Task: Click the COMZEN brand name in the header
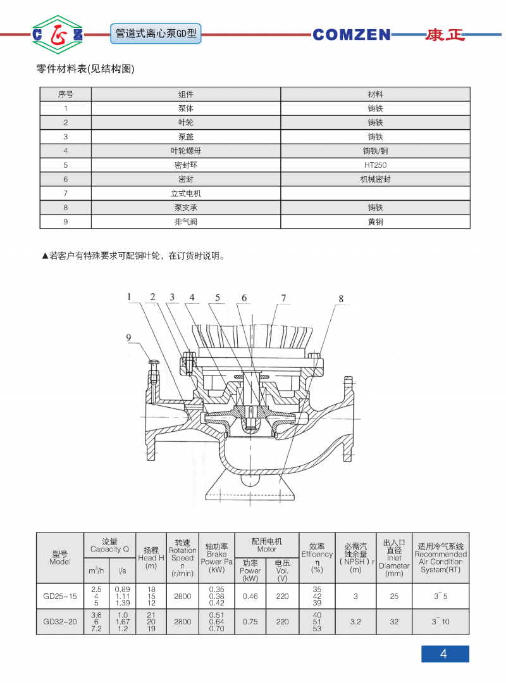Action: coord(352,35)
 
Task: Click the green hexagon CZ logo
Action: coord(58,34)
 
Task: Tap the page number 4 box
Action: coord(445,654)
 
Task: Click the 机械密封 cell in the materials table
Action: coord(375,179)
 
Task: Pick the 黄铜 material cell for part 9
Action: coord(375,222)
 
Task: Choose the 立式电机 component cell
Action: coord(185,193)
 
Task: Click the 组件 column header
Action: coord(185,94)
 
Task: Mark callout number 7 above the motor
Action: coord(284,298)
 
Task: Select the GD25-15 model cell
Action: coord(60,596)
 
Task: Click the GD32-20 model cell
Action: coord(60,622)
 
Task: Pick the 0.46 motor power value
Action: coord(250,596)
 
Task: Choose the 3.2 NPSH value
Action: coord(355,622)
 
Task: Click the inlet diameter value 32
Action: coord(394,622)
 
